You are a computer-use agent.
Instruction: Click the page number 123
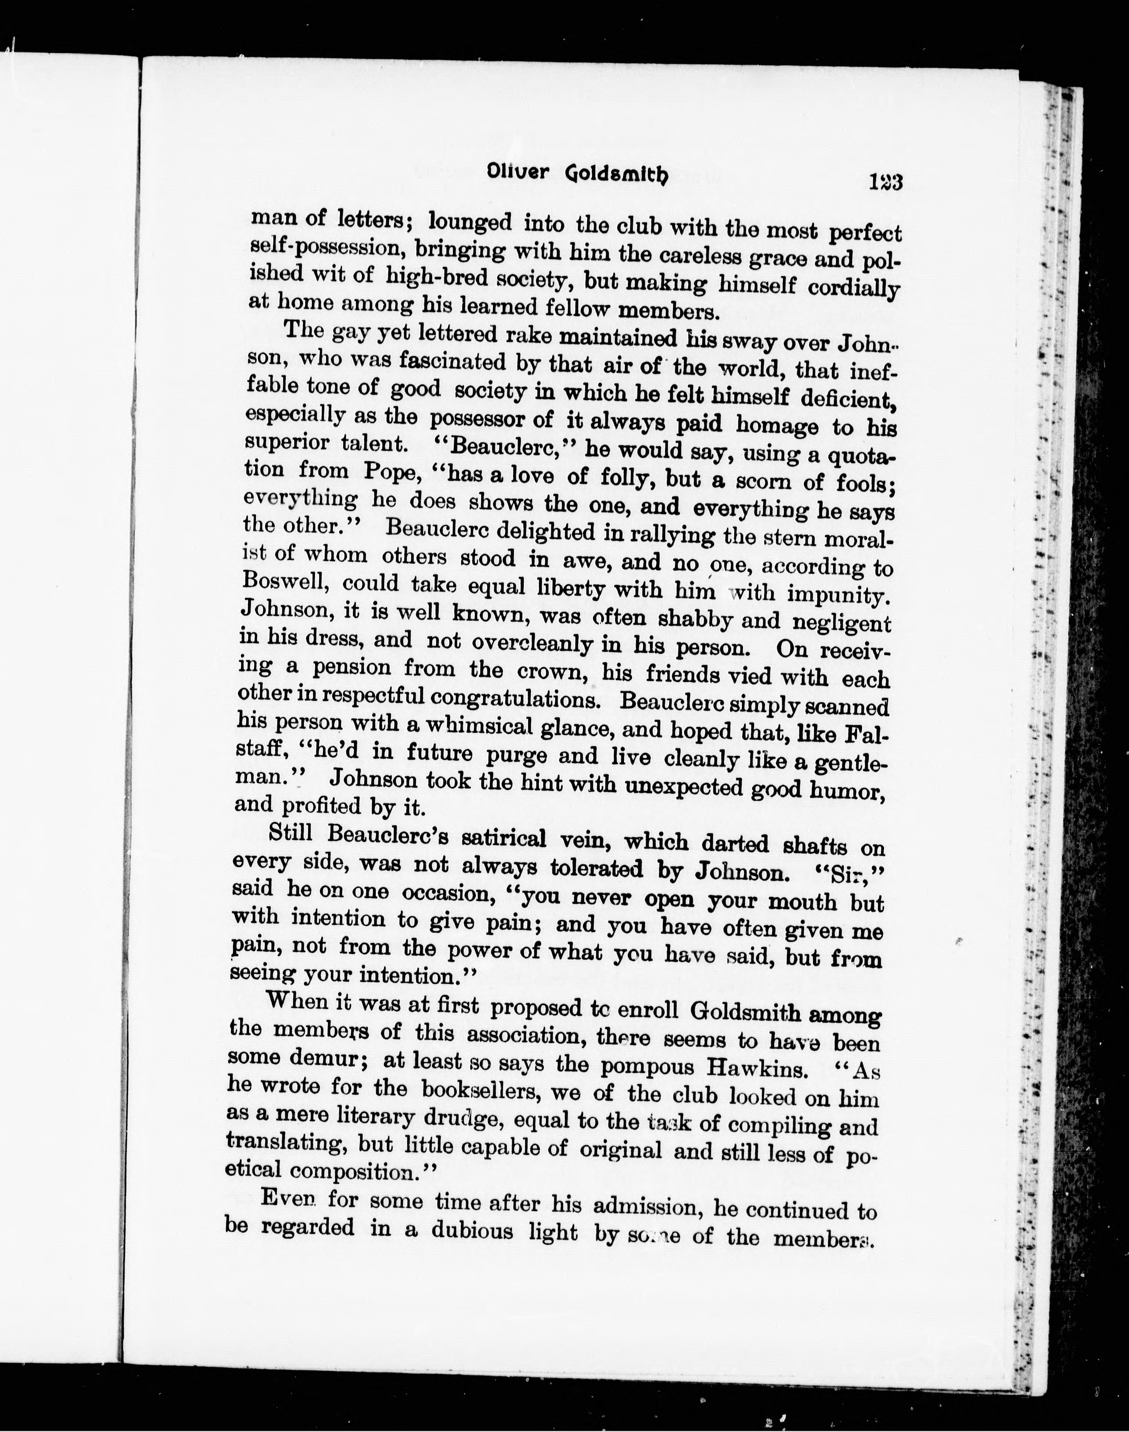coord(886,181)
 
